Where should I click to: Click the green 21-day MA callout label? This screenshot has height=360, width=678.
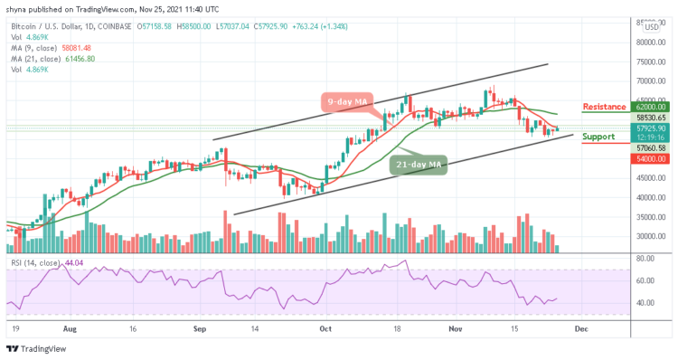tap(419, 165)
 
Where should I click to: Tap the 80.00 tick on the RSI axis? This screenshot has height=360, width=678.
tap(645, 258)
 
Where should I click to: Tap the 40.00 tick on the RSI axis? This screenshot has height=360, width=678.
tap(645, 303)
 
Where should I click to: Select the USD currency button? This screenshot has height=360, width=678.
tap(649, 25)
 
